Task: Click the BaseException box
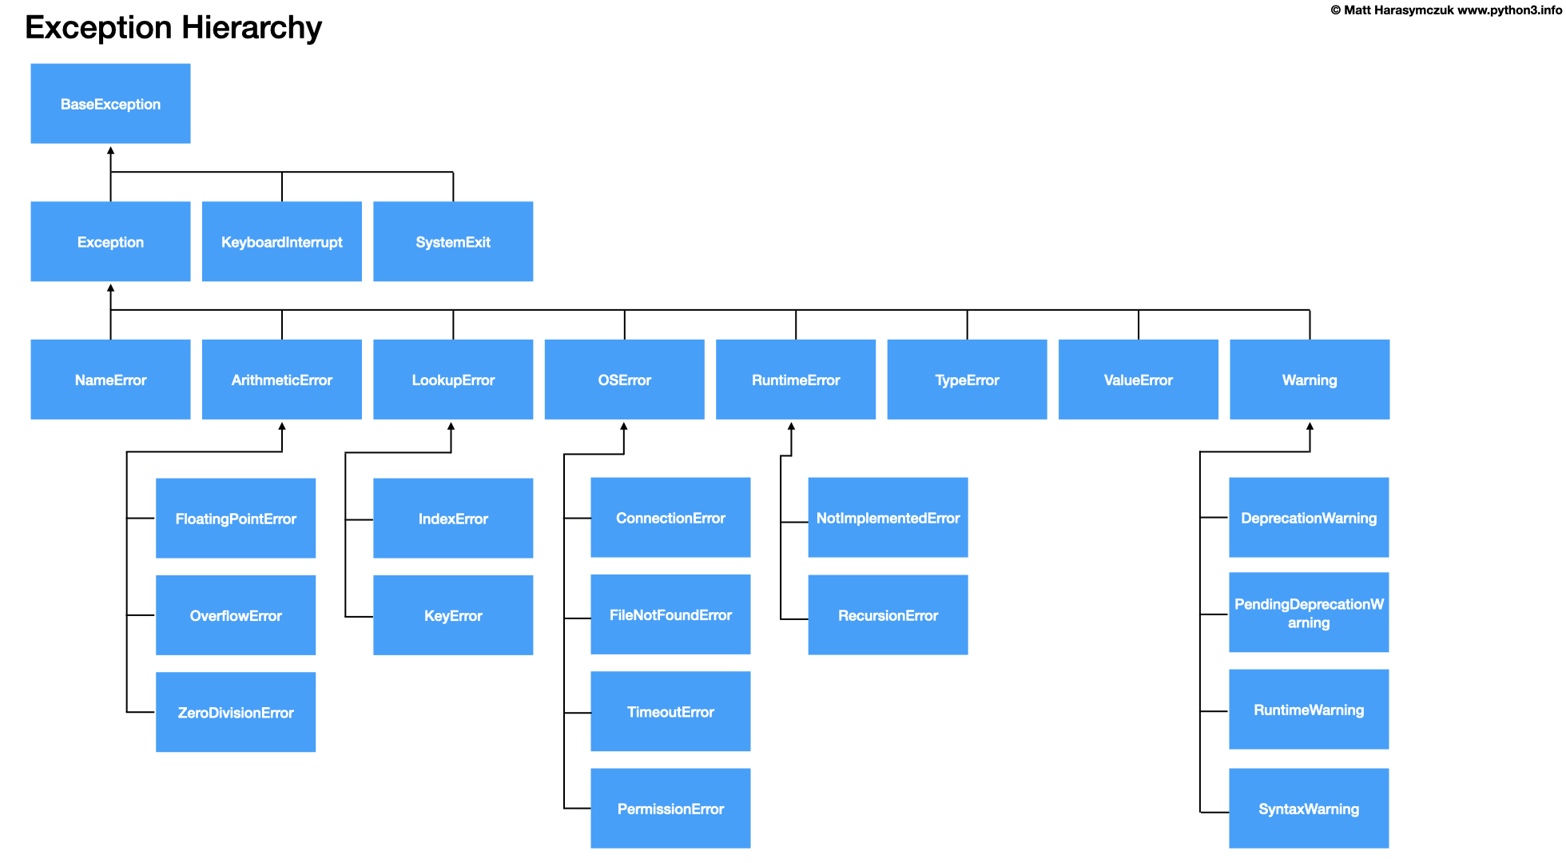110,104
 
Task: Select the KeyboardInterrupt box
281,241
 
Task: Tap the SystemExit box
453,241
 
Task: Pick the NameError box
110,380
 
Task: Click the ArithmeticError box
281,380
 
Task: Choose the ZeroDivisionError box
236,712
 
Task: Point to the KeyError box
453,615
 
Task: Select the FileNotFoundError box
670,614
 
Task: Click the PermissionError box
670,809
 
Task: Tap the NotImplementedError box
888,518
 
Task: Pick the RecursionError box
888,615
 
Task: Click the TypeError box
967,380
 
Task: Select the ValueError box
1138,380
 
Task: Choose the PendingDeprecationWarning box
1309,613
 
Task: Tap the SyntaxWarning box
1309,809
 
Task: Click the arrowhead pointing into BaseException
110,150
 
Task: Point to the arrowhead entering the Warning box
1310,426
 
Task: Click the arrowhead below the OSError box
624,426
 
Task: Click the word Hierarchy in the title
251,28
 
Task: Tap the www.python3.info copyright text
1508,10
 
